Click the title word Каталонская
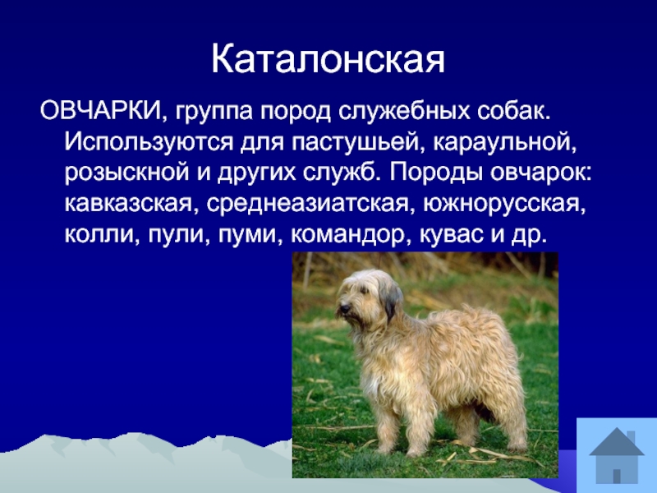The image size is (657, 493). (328, 59)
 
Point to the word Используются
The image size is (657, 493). (149, 143)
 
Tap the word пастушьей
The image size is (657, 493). (355, 143)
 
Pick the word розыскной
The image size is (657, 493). (127, 173)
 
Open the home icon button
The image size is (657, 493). (617, 455)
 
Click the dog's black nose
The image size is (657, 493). (345, 309)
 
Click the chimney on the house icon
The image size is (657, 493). (632, 437)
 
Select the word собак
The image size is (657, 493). (513, 113)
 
